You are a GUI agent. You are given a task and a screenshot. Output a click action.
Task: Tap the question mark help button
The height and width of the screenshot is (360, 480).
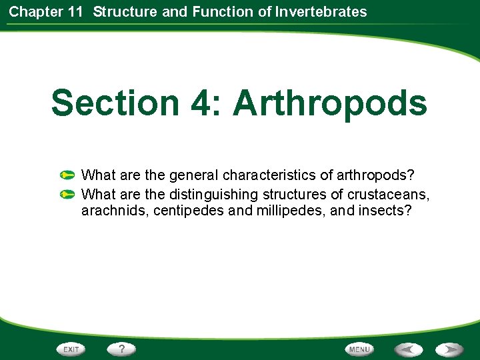[122, 349]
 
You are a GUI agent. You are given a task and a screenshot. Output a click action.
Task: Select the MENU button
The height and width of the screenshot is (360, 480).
[359, 349]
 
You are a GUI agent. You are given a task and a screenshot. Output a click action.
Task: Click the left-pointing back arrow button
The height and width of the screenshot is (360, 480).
[408, 349]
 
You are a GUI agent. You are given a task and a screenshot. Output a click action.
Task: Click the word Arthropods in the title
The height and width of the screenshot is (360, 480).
[330, 103]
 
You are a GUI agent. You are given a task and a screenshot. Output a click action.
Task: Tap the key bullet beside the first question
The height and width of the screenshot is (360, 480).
[67, 176]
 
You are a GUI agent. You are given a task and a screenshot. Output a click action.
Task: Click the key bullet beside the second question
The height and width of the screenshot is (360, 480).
[67, 195]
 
